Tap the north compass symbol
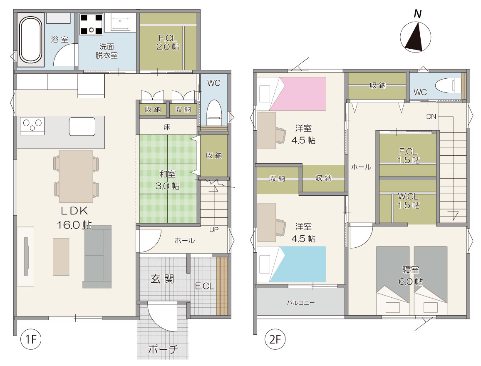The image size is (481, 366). point(416,33)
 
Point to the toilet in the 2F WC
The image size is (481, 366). point(448,85)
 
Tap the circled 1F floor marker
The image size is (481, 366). point(31,339)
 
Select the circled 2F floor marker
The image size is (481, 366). point(275,339)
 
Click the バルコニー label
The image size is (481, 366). point(300,303)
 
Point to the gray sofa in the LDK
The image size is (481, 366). point(97,256)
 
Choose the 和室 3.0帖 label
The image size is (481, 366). point(168,180)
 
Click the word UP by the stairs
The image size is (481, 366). point(214,230)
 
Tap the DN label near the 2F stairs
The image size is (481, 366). point(431,116)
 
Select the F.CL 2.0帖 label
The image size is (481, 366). point(168,43)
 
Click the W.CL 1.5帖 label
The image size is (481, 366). point(408,201)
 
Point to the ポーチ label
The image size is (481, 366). point(163,349)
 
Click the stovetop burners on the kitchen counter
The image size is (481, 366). point(32,126)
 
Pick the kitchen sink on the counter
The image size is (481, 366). point(82,127)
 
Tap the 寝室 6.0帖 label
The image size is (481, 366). point(411,275)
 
